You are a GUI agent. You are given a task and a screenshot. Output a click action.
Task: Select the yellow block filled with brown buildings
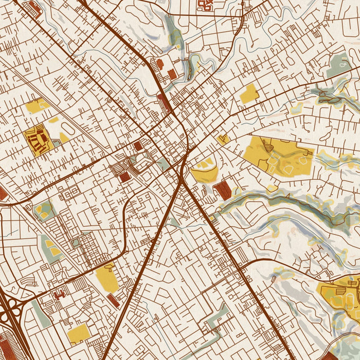pos(38,140)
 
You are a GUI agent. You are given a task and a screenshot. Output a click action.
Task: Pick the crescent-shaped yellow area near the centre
pos(204,171)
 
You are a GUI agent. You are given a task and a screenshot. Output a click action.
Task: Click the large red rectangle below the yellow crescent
pos(223,190)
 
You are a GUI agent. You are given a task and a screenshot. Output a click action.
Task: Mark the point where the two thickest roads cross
pos(183,180)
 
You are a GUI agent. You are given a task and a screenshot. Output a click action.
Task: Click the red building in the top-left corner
pos(35,7)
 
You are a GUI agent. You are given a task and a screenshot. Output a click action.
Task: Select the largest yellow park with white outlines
pos(278,155)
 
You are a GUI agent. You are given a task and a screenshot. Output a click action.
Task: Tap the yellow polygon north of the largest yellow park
pos(249,94)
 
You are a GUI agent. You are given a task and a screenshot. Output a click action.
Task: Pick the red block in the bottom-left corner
pos(11,350)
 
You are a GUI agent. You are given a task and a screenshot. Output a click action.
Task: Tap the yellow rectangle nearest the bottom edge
pos(79,334)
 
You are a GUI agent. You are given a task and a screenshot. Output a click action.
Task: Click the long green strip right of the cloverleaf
pos(41,314)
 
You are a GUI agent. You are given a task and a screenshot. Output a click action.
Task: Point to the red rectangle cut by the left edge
pos(3,194)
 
